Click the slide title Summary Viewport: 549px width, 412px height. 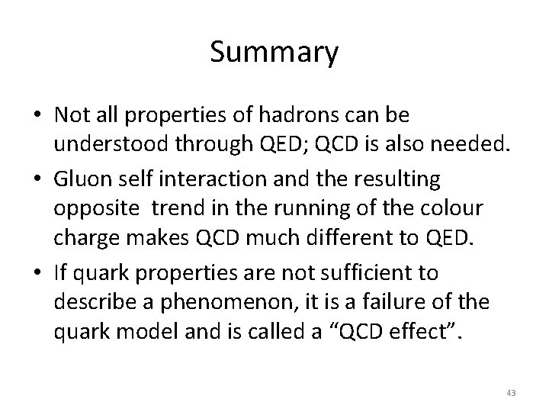274,53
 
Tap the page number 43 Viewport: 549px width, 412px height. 510,393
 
